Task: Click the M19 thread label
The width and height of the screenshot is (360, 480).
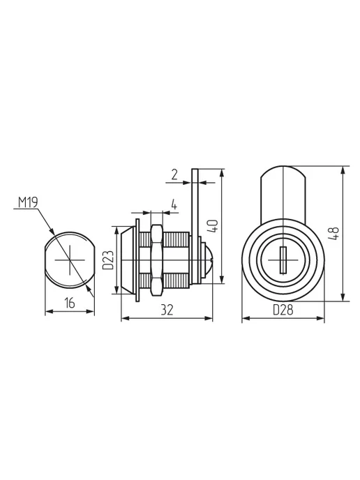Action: (28, 202)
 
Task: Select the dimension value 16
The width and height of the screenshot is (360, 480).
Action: (70, 303)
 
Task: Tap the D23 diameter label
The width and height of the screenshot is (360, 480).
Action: (108, 260)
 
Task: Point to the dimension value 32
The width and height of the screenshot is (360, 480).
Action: (167, 310)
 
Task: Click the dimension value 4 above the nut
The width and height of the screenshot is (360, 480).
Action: (174, 204)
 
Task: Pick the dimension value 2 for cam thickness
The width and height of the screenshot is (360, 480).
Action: (174, 175)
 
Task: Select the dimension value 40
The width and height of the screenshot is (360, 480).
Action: (213, 226)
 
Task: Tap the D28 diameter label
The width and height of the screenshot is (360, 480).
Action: (283, 310)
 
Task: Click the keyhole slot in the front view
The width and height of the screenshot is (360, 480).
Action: (283, 260)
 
